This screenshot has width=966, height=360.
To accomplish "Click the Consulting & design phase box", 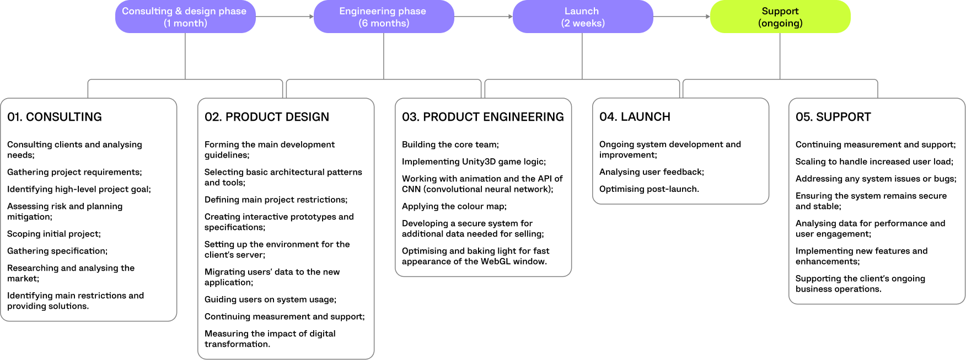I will pyautogui.click(x=185, y=17).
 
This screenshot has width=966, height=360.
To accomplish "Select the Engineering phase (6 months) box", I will pyautogui.click(x=383, y=17).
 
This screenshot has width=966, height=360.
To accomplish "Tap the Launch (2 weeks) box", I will pyautogui.click(x=582, y=17).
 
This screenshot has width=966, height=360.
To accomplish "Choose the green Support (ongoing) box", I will pyautogui.click(x=780, y=17).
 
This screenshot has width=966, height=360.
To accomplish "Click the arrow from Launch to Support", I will pyautogui.click(x=681, y=17).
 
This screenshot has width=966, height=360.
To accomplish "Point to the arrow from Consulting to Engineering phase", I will pyautogui.click(x=285, y=17).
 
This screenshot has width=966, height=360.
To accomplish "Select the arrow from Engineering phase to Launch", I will pyautogui.click(x=483, y=17).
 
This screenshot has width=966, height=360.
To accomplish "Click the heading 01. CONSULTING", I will pyautogui.click(x=55, y=117).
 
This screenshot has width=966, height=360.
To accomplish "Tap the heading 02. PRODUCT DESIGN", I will pyautogui.click(x=267, y=117).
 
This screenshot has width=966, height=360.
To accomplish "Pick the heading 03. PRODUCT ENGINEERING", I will pyautogui.click(x=483, y=117).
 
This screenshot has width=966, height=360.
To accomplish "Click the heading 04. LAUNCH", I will pyautogui.click(x=635, y=117).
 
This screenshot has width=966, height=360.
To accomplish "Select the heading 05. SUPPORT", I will pyautogui.click(x=833, y=117).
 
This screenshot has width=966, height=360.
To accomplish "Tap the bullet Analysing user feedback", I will pyautogui.click(x=651, y=172).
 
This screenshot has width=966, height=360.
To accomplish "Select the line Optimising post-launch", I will pyautogui.click(x=649, y=189).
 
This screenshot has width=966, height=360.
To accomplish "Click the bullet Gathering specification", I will pyautogui.click(x=57, y=251).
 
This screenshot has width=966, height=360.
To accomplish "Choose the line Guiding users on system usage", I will pyautogui.click(x=270, y=299).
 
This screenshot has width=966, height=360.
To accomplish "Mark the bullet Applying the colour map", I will pyautogui.click(x=454, y=206).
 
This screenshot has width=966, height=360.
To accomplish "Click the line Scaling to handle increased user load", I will pyautogui.click(x=874, y=162).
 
